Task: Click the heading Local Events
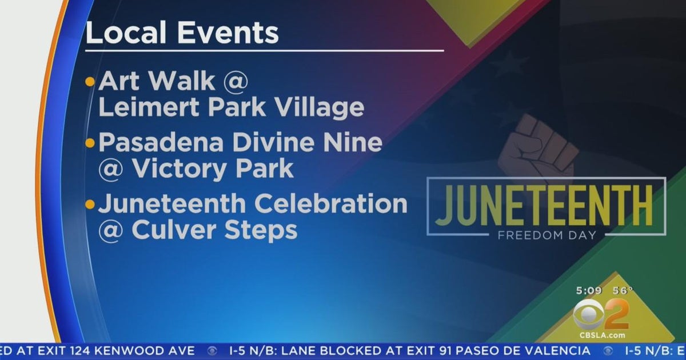tap(182, 32)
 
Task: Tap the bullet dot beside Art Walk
tap(90, 82)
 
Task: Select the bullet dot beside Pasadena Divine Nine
tap(90, 143)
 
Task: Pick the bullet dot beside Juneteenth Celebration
tap(90, 204)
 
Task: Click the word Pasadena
tap(161, 142)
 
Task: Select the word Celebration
tap(331, 203)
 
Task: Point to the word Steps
tap(261, 231)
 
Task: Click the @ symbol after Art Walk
tap(236, 81)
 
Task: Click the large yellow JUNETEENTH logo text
tap(544, 205)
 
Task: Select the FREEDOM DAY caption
tap(547, 235)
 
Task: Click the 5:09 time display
tap(589, 290)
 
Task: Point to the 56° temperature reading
tap(623, 290)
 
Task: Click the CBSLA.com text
tap(602, 335)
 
